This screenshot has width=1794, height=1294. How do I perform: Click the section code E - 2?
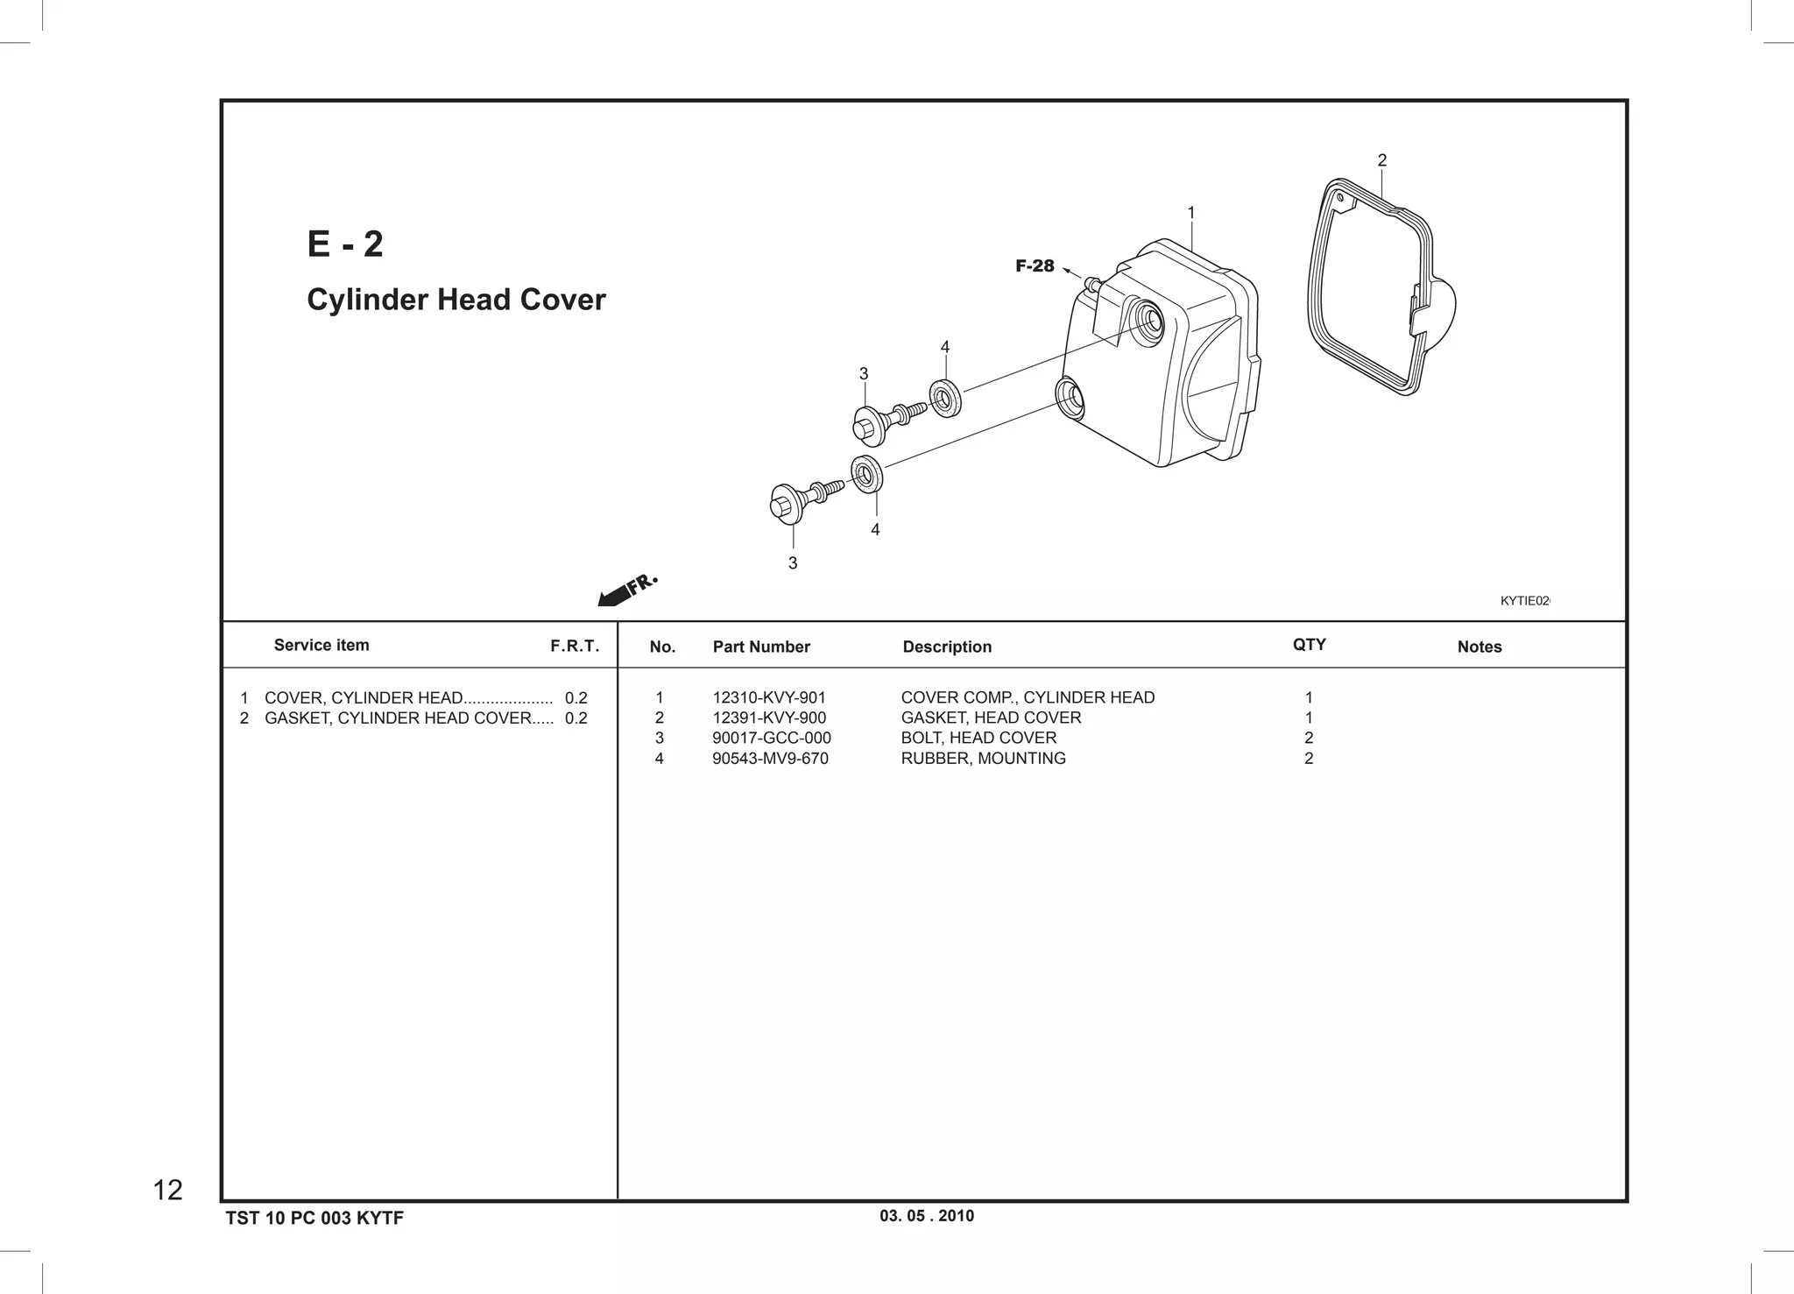click(345, 244)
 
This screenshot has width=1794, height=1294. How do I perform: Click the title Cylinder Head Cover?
click(456, 300)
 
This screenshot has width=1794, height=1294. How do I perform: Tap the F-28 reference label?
click(1035, 266)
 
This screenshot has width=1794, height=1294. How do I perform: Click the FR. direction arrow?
click(626, 590)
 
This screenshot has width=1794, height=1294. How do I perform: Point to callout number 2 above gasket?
click(1381, 160)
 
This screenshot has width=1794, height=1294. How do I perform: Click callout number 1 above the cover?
click(1190, 213)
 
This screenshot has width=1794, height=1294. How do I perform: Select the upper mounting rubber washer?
click(944, 399)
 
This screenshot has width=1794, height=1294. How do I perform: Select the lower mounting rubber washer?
click(866, 475)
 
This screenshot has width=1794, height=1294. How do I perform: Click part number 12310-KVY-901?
click(768, 697)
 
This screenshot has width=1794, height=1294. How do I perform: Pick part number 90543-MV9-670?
click(769, 759)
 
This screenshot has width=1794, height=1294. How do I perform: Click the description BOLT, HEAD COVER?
click(978, 738)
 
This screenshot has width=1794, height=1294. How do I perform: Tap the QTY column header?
click(1309, 645)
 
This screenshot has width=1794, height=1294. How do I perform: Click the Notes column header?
click(1479, 647)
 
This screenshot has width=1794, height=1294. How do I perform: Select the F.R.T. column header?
click(575, 647)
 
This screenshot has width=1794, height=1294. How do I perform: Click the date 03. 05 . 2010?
click(926, 1216)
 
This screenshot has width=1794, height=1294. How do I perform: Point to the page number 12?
click(167, 1190)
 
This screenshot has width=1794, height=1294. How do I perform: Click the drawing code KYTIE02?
click(1524, 601)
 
